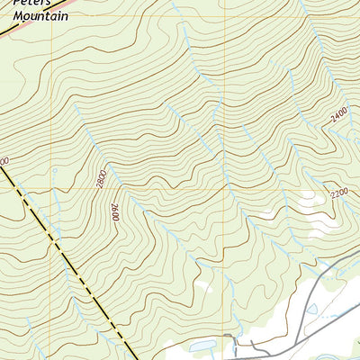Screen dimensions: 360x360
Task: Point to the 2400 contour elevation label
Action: (338, 115)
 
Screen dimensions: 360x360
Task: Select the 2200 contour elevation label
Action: (338, 193)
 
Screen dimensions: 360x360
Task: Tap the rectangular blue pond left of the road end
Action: (199, 345)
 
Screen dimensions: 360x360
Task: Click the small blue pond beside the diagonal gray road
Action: (311, 309)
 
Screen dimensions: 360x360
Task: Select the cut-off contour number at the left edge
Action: (3, 160)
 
